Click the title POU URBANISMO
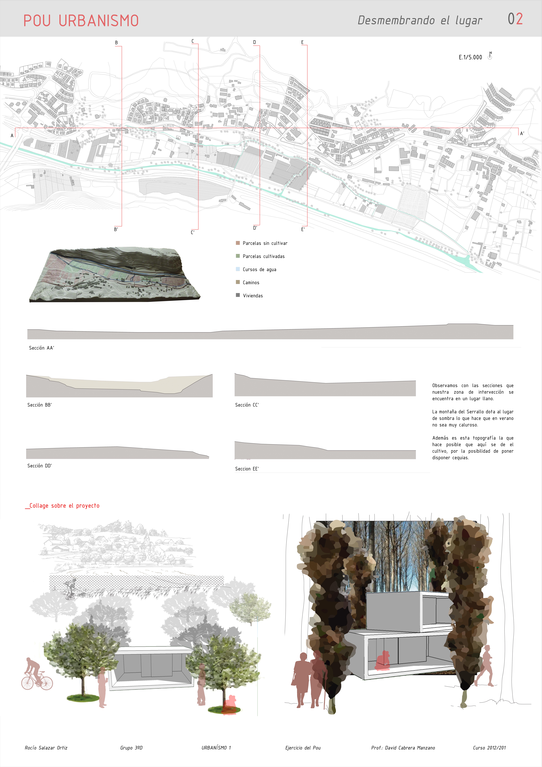click(x=81, y=21)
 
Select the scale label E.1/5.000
click(x=470, y=57)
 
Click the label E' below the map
click(x=303, y=230)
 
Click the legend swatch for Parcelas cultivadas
click(x=238, y=256)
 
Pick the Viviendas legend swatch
click(x=238, y=295)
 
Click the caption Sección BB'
click(x=39, y=405)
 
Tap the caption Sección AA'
click(x=41, y=348)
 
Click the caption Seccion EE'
click(x=247, y=469)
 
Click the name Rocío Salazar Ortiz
click(x=46, y=748)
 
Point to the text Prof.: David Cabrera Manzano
click(x=403, y=748)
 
